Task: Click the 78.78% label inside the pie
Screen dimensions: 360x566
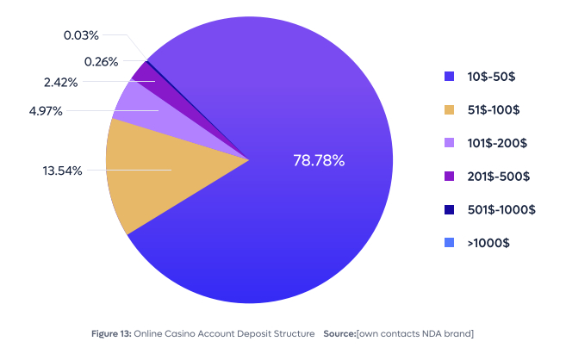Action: [319, 160]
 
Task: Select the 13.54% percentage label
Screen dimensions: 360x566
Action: [63, 171]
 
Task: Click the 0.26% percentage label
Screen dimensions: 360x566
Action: [103, 61]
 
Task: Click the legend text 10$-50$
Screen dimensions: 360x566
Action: [492, 77]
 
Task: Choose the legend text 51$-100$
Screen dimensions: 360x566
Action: [494, 109]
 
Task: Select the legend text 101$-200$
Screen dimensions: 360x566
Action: [497, 143]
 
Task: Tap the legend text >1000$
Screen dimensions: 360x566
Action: [488, 243]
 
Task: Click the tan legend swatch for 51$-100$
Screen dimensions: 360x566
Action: [449, 109]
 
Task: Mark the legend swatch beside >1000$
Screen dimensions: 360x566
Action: [449, 243]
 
